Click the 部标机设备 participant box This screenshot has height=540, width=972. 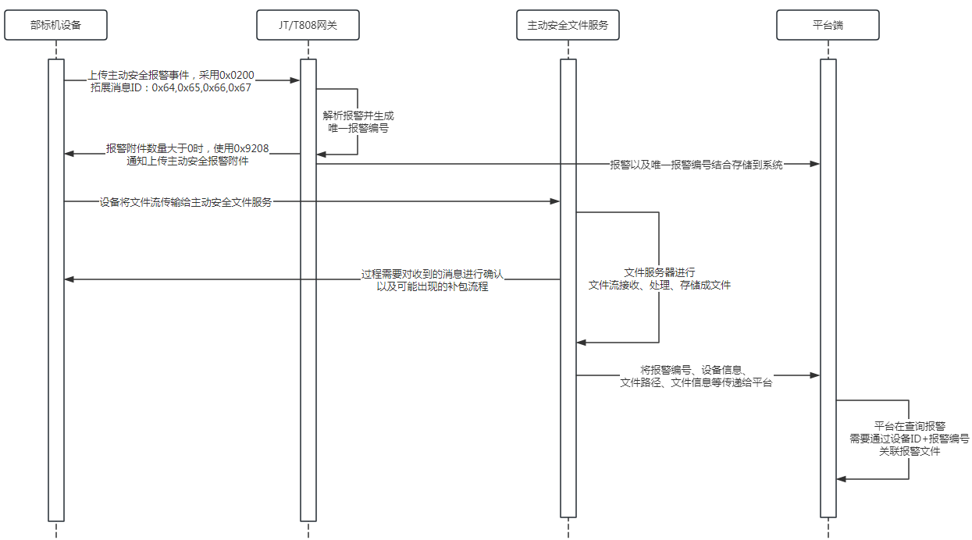tap(55, 26)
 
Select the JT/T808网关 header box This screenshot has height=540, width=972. tap(308, 26)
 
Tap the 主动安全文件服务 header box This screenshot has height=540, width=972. tap(568, 26)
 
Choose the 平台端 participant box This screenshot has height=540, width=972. tap(828, 26)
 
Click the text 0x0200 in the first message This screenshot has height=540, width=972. tap(237, 75)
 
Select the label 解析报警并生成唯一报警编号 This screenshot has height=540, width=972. tap(358, 122)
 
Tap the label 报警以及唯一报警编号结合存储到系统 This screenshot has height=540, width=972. tap(696, 165)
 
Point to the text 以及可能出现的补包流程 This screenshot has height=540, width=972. tap(433, 287)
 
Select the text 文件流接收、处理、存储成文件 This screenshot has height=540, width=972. tap(659, 286)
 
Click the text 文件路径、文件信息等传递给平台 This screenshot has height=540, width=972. tap(696, 383)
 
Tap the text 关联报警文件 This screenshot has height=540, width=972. tap(910, 451)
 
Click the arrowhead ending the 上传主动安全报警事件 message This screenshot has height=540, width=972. tap(296, 80)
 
